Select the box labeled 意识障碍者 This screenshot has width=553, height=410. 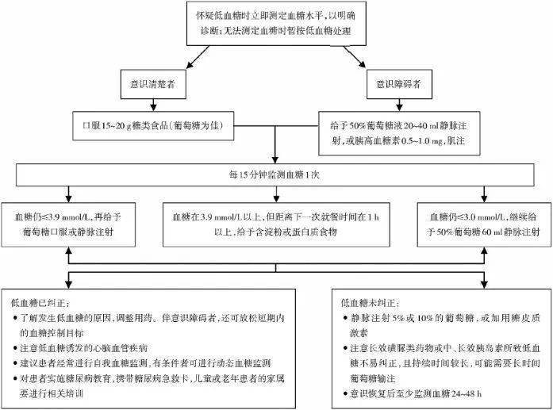[x=397, y=82]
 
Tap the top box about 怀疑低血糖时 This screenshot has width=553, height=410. [x=275, y=23]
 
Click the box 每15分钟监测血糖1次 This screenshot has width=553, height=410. [x=275, y=174]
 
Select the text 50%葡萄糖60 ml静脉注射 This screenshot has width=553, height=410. [x=486, y=230]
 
